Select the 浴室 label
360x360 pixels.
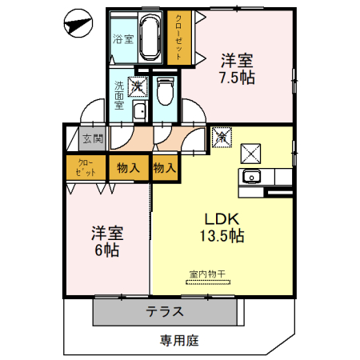(122, 39)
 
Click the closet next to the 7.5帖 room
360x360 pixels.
(178, 37)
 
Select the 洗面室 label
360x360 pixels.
(118, 94)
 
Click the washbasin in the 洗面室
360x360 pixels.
(139, 111)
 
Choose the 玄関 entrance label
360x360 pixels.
(93, 138)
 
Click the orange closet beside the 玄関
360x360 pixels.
(86, 168)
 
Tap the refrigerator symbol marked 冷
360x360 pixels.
(222, 138)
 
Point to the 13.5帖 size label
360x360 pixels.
(221, 237)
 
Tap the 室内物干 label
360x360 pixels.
(208, 274)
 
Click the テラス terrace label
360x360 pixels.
(166, 311)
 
